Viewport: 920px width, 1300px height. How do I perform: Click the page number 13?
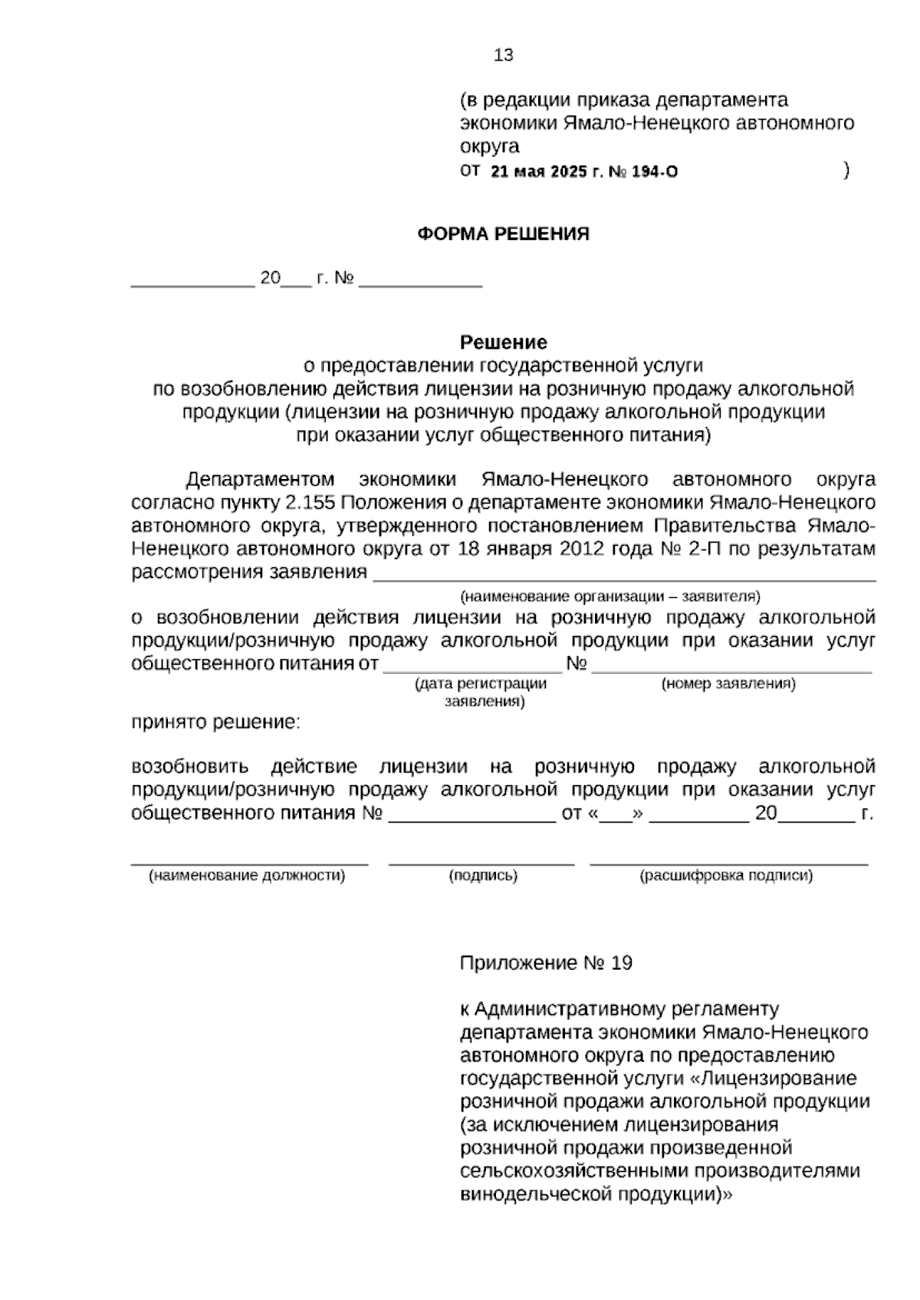[504, 55]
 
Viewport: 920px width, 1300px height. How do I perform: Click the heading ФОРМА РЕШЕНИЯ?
[503, 235]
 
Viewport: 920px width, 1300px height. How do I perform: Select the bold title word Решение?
[503, 342]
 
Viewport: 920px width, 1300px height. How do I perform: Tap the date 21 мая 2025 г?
[546, 172]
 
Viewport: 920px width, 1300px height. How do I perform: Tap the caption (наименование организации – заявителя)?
[609, 596]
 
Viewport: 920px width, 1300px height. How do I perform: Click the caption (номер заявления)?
[728, 683]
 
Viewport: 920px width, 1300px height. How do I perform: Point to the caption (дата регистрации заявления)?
[481, 692]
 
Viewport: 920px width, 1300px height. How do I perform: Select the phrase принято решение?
[215, 722]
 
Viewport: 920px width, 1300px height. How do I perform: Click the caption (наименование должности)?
[246, 875]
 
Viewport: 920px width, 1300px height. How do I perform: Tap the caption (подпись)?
[483, 875]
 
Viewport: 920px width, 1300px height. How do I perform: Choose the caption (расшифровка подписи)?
[726, 875]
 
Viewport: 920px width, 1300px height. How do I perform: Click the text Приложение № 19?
[546, 964]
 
